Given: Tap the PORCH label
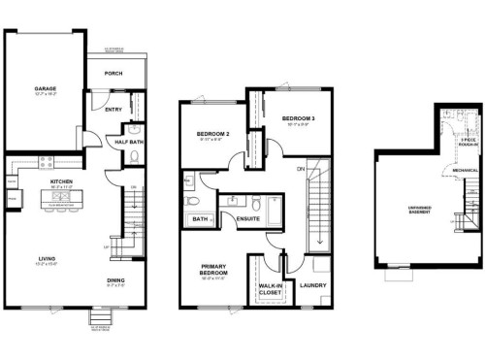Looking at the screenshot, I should [113, 73].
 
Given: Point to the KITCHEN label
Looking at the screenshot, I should [63, 180].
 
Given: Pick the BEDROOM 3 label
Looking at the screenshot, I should [285, 118].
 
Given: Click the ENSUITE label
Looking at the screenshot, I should [247, 219].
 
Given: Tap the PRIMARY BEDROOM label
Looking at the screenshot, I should [213, 270].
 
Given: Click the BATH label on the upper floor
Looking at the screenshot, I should [200, 219].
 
